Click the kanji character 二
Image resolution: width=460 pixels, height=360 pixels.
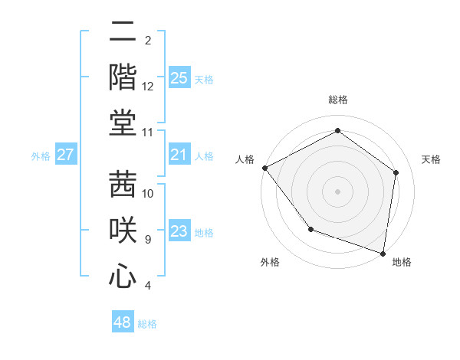click(x=123, y=34)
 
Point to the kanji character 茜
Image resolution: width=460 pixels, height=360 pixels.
click(x=123, y=183)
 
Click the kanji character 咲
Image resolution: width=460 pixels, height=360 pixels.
click(x=123, y=230)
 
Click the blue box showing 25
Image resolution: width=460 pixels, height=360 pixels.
click(x=179, y=77)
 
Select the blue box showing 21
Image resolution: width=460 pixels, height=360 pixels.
click(x=179, y=155)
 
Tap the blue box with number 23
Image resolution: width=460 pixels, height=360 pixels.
click(x=179, y=231)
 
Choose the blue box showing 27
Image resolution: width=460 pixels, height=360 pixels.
click(x=65, y=155)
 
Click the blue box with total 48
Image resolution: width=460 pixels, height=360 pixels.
click(x=122, y=322)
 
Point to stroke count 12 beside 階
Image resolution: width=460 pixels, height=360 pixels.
click(x=148, y=87)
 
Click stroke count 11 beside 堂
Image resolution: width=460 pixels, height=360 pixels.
click(x=148, y=133)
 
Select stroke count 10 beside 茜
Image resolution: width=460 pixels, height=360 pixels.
click(x=148, y=193)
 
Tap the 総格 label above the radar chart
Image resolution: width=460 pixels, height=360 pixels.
click(x=337, y=100)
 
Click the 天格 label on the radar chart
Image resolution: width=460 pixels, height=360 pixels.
click(x=432, y=159)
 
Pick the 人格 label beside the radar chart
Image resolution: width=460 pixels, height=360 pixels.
click(x=245, y=159)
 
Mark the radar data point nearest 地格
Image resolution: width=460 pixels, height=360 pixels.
click(x=383, y=253)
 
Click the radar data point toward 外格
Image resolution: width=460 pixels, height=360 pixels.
click(x=310, y=228)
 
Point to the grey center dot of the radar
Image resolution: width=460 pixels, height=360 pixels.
click(x=337, y=191)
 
